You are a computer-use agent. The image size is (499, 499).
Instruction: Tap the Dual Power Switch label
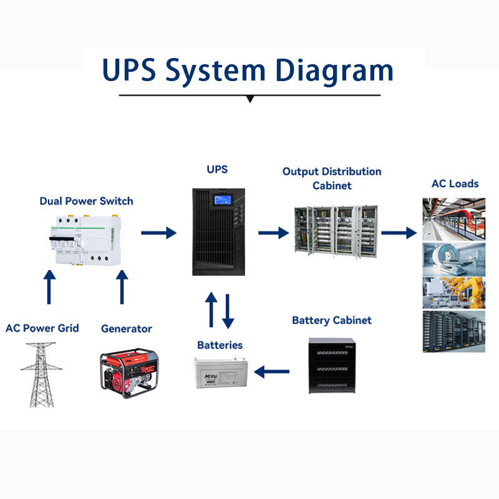(86, 201)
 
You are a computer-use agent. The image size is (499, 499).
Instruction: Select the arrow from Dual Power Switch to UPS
(158, 233)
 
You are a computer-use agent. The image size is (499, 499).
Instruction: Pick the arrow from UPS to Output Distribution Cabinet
(274, 233)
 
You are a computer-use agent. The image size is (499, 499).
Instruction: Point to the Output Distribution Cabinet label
(332, 178)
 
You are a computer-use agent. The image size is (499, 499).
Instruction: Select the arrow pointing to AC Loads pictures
(399, 233)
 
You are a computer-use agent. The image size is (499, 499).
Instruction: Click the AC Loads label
(455, 183)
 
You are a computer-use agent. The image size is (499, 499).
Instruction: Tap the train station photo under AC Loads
(454, 218)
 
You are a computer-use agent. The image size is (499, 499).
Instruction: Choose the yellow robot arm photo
(454, 292)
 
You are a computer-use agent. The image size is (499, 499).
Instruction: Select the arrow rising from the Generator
(122, 286)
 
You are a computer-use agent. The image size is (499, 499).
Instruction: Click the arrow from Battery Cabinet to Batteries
(272, 372)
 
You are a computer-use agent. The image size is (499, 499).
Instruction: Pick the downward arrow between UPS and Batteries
(228, 311)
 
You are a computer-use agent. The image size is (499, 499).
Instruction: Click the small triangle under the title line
(250, 99)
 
